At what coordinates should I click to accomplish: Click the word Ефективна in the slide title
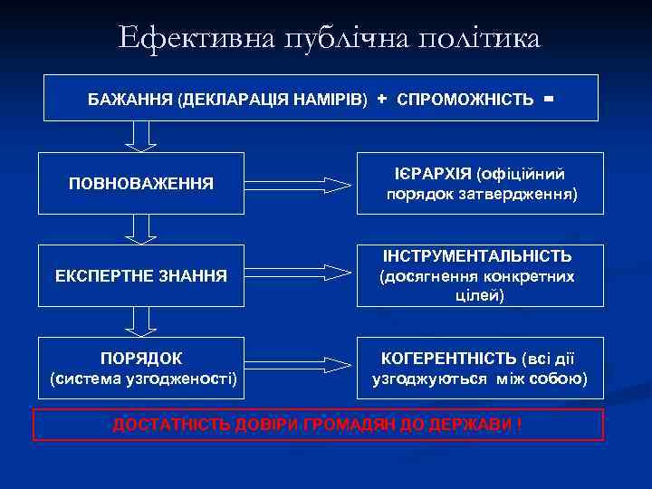(x=187, y=38)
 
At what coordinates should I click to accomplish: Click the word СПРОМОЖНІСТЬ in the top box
(x=465, y=99)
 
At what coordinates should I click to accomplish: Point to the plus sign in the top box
(x=381, y=97)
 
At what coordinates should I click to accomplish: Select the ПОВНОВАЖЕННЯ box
(x=141, y=184)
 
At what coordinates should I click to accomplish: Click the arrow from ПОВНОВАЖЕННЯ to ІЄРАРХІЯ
(x=299, y=185)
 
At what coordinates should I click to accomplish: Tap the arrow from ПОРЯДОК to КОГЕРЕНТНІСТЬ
(x=299, y=364)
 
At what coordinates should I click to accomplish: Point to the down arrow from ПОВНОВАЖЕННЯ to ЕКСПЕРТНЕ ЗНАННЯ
(x=140, y=229)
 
